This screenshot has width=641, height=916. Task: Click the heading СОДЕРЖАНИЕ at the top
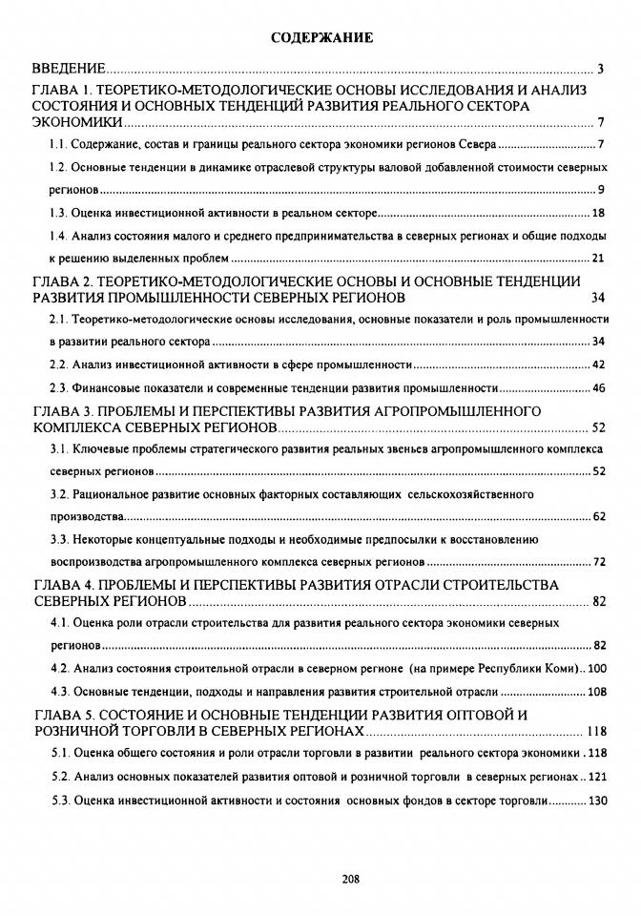coord(320,38)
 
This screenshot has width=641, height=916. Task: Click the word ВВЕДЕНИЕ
coord(68,69)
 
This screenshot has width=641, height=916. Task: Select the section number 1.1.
coord(58,145)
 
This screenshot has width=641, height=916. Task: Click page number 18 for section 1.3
coord(599,213)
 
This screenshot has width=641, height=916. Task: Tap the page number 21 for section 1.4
coord(599,258)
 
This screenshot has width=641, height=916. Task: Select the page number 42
coord(599,364)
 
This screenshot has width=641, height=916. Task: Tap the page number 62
coord(599,516)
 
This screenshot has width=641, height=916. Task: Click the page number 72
coord(599,561)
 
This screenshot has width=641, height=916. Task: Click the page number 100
coord(596,668)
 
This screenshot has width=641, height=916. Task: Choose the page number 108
coord(596,692)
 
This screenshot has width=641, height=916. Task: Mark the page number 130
coord(597,800)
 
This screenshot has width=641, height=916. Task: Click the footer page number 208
coord(321,879)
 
